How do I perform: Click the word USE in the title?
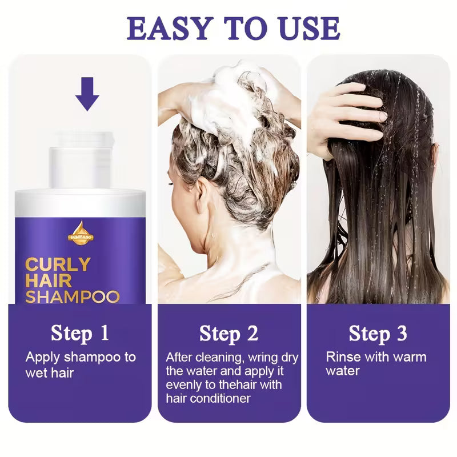[306, 27]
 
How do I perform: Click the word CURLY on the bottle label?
[57, 265]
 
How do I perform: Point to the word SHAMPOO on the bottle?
[72, 296]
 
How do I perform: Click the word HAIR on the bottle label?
[49, 281]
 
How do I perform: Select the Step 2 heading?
[228, 333]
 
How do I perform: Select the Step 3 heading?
[378, 333]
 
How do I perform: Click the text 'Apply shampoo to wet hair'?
[80, 364]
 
